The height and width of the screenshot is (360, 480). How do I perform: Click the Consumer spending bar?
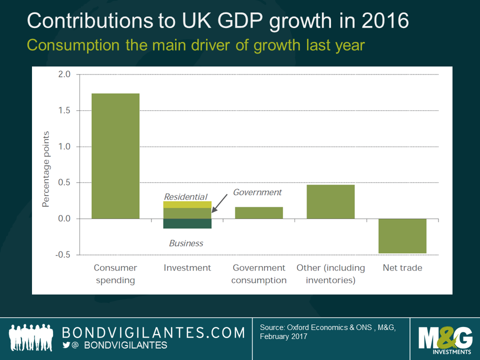click(115, 156)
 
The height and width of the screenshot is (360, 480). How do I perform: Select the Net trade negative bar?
click(402, 236)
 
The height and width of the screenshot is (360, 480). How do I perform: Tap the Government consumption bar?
click(259, 213)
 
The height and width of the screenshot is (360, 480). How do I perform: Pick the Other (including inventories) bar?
click(330, 202)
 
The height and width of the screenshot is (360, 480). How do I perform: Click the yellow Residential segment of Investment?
click(187, 204)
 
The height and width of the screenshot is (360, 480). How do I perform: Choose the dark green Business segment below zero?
click(187, 223)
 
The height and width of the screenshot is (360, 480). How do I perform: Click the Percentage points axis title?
click(46, 169)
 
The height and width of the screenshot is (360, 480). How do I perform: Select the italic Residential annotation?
click(185, 197)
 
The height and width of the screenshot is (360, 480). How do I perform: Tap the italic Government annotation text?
click(257, 192)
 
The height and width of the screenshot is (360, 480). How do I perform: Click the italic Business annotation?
click(186, 243)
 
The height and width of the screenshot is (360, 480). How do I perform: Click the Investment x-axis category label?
click(187, 268)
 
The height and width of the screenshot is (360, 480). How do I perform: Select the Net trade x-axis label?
click(402, 268)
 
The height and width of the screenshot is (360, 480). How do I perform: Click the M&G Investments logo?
click(445, 338)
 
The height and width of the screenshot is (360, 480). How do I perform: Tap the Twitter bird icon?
click(66, 345)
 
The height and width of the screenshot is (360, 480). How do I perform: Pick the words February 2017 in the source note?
click(283, 337)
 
